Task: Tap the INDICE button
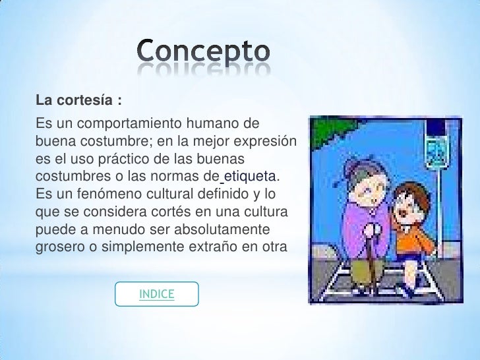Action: click(x=156, y=294)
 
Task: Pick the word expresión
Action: click(x=266, y=141)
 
